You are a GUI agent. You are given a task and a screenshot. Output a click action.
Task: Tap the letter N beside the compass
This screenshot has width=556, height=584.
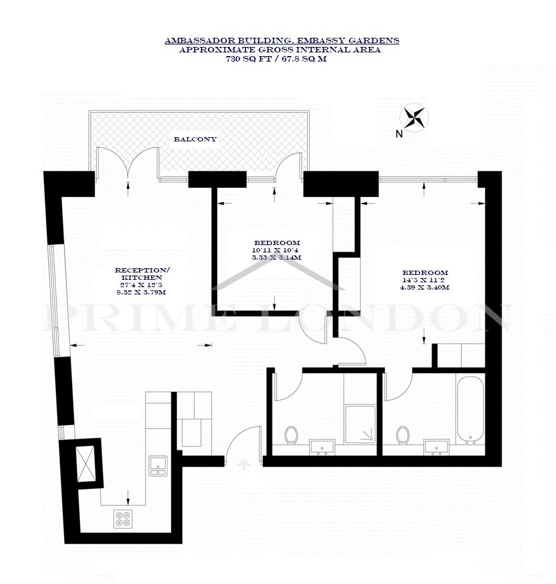[x=399, y=134]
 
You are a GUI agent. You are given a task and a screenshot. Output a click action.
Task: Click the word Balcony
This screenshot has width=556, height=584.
[x=195, y=140]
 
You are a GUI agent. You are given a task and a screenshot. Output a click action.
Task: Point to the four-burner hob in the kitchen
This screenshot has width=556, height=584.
[x=123, y=518]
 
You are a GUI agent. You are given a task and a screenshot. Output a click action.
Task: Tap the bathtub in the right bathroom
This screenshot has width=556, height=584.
[x=470, y=410]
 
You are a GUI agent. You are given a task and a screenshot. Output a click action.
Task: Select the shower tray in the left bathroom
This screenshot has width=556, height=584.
[x=360, y=425]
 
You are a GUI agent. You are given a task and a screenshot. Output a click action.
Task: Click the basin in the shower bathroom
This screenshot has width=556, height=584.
[x=322, y=447]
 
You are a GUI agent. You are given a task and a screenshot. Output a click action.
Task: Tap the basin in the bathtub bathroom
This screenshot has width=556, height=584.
[x=437, y=447]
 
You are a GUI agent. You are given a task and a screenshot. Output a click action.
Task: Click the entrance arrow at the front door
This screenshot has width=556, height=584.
[x=243, y=464]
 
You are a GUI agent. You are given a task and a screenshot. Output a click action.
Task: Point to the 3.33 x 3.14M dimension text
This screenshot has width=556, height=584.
[x=276, y=258]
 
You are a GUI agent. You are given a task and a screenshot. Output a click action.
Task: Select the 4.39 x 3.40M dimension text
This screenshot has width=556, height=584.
[x=424, y=288]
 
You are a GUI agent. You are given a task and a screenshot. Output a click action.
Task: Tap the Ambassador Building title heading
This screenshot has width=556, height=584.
[x=282, y=41]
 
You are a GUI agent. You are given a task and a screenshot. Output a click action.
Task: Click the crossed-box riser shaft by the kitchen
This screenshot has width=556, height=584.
[x=85, y=460]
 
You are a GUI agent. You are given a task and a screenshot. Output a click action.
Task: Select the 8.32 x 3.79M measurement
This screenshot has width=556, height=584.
[x=141, y=293]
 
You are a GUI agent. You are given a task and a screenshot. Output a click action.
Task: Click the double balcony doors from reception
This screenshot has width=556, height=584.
[x=127, y=164]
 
